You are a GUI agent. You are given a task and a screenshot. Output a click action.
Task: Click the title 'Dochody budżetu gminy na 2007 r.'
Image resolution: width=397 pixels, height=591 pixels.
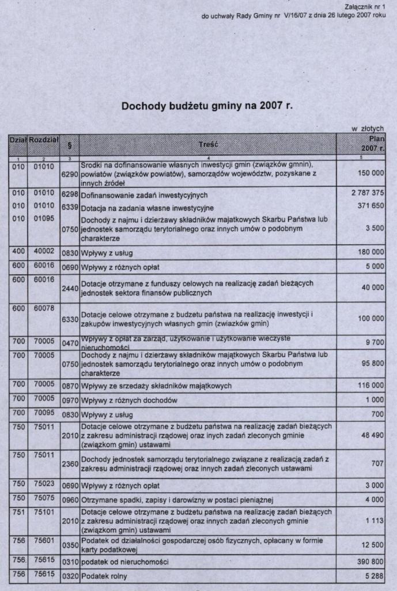(207, 107)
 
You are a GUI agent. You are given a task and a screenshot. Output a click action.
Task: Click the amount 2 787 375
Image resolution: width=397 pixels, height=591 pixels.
(368, 193)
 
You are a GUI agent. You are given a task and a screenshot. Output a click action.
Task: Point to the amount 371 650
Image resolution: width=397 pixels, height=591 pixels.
(370, 206)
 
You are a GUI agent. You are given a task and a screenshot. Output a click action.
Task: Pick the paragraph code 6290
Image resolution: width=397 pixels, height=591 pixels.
(69, 173)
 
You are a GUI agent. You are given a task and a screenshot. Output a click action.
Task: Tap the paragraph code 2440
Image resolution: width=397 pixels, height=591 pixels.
(69, 287)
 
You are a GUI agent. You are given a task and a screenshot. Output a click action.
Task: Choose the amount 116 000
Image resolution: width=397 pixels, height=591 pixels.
(370, 385)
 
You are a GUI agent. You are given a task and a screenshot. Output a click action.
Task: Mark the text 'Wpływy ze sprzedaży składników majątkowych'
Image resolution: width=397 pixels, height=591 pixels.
(156, 386)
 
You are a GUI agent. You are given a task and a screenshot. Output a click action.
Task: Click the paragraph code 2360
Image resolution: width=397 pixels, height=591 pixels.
(69, 463)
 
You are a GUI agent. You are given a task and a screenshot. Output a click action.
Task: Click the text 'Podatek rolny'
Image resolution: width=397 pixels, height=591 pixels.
(104, 576)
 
